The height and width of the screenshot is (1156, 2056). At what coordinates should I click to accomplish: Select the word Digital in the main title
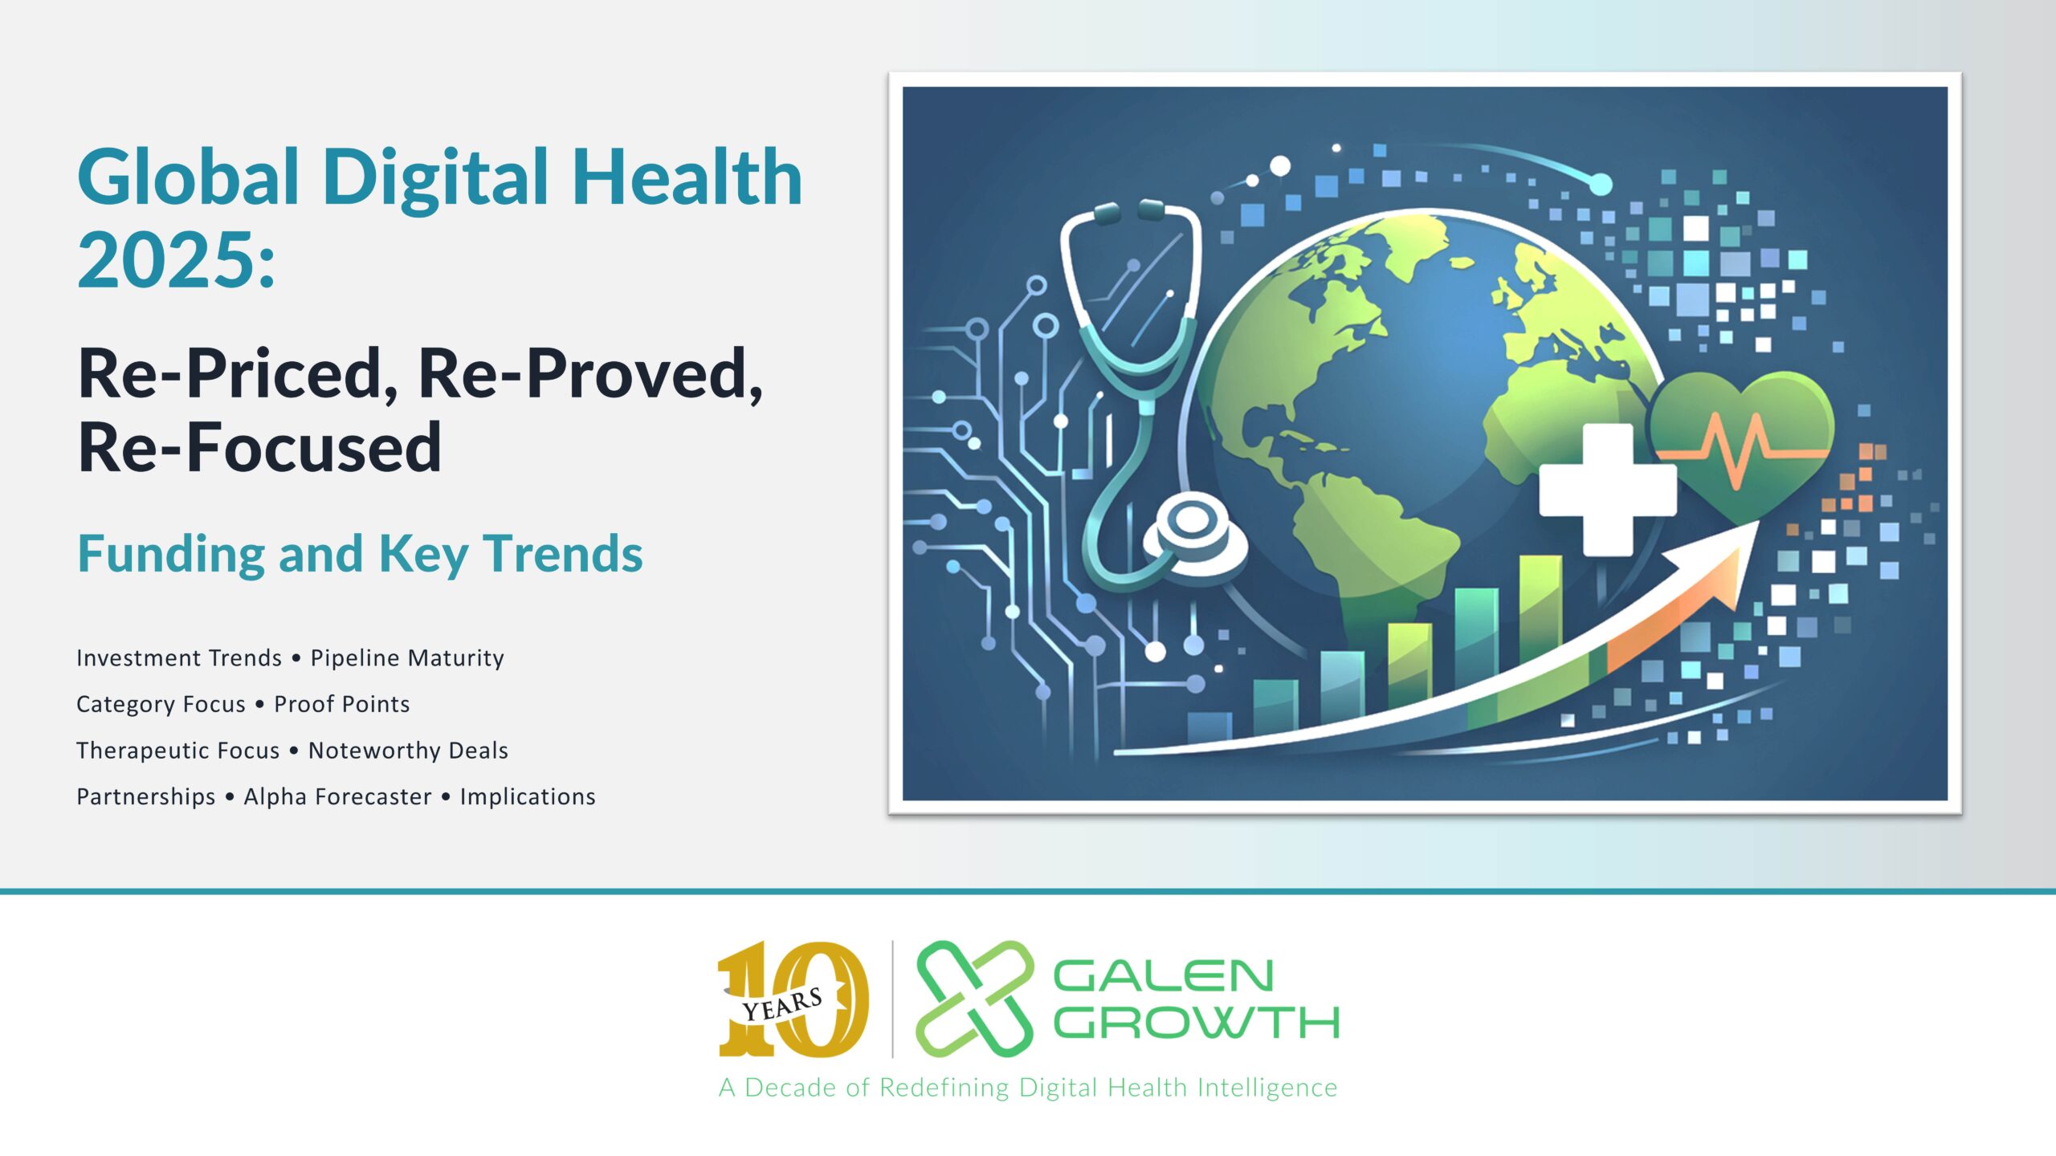[x=437, y=180]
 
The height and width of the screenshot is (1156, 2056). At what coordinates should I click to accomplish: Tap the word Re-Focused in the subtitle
[x=259, y=447]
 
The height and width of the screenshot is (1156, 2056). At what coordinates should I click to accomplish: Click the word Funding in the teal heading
[x=170, y=555]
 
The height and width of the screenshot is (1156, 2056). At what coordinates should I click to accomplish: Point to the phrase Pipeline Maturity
[x=407, y=658]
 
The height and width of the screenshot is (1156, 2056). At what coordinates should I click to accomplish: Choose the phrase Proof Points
[x=342, y=704]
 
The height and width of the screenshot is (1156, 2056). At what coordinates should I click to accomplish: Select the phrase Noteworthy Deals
[x=408, y=751]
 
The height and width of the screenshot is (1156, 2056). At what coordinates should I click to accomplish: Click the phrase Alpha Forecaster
[x=337, y=796]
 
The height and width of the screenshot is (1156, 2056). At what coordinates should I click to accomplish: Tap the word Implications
[x=528, y=796]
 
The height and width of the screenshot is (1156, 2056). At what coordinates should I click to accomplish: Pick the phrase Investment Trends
[x=179, y=658]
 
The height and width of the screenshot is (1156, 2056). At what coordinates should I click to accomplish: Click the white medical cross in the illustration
[x=1608, y=490]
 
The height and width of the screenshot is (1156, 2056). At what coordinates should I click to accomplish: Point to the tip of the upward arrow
[x=1760, y=521]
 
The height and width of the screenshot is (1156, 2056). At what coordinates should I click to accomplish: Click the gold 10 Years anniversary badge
[x=793, y=999]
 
